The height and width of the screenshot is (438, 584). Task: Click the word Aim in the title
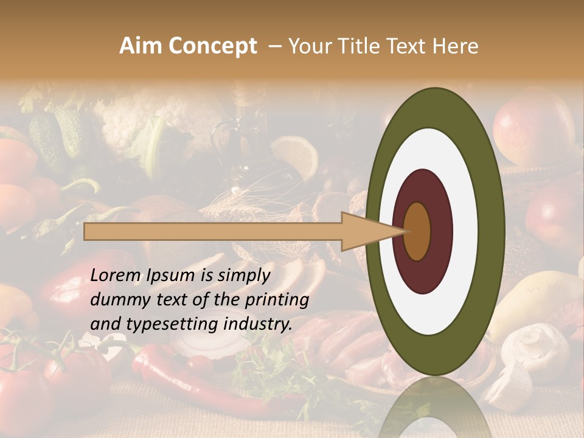point(141,46)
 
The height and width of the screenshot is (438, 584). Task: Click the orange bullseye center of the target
point(417,232)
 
